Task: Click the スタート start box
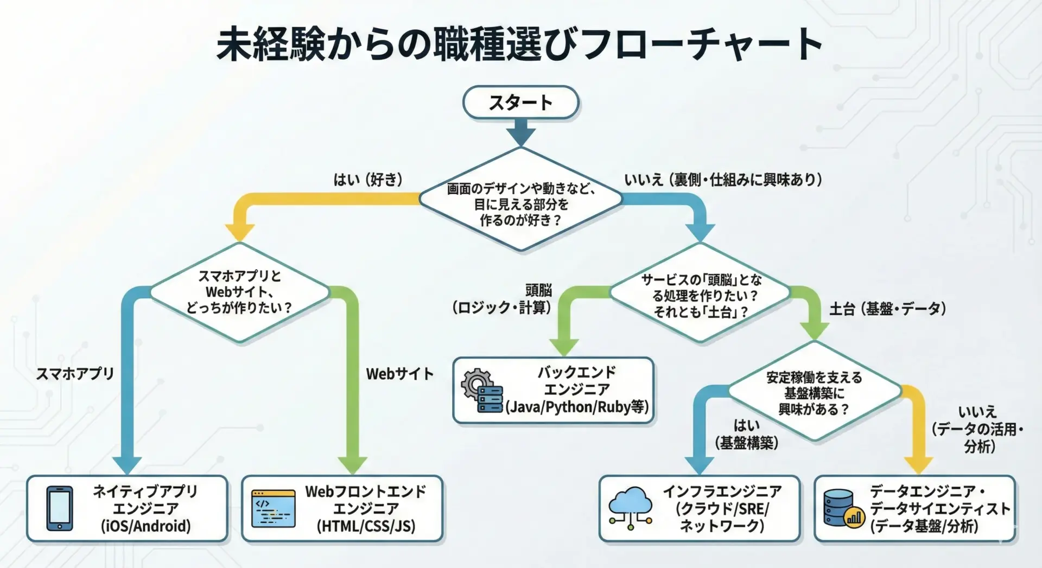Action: pyautogui.click(x=520, y=103)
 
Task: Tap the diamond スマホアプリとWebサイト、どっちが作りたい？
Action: pyautogui.click(x=239, y=292)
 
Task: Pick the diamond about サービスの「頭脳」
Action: pyautogui.click(x=700, y=295)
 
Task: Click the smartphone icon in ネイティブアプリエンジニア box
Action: pyautogui.click(x=60, y=508)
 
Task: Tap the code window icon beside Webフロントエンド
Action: pyautogui.click(x=274, y=508)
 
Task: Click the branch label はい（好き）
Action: pyautogui.click(x=368, y=180)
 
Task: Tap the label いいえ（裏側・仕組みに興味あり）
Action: pyautogui.click(x=722, y=180)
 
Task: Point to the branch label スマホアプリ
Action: pyautogui.click(x=75, y=373)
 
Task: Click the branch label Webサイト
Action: pyautogui.click(x=399, y=373)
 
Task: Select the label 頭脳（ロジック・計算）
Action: pyautogui.click(x=502, y=299)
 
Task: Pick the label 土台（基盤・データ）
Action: pyautogui.click(x=887, y=309)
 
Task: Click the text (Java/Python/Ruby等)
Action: pyautogui.click(x=577, y=407)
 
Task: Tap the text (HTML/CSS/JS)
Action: pyautogui.click(x=366, y=526)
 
